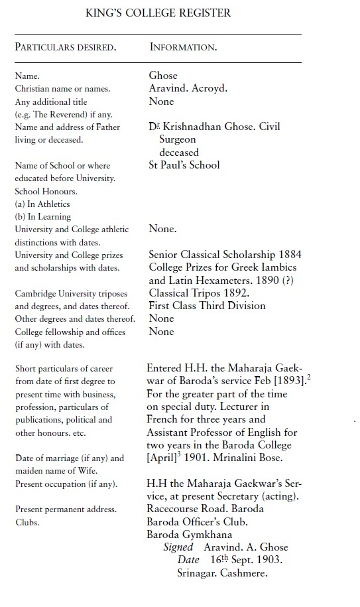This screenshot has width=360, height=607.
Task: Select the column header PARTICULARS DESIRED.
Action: (65, 48)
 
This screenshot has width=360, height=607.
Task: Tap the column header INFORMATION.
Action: (183, 48)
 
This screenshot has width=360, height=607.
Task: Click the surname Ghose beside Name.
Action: (163, 76)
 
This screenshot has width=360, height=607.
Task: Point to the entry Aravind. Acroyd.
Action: (188, 89)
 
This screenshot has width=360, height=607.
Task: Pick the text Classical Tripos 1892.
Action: (199, 292)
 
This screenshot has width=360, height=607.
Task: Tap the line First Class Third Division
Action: (207, 305)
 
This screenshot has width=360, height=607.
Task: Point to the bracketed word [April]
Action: (163, 457)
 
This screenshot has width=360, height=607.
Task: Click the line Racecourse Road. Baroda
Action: (205, 509)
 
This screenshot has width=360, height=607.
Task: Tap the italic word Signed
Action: (178, 547)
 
